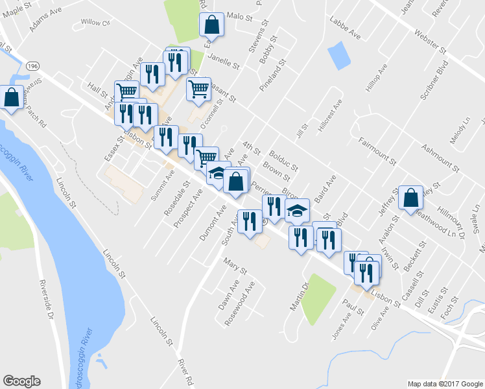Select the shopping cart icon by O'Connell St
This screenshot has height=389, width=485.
[x=198, y=88]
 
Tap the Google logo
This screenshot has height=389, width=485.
[x=21, y=381]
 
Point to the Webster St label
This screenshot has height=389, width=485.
[x=431, y=40]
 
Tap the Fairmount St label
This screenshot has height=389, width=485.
[x=376, y=150]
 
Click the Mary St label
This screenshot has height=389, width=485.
[x=231, y=265]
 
